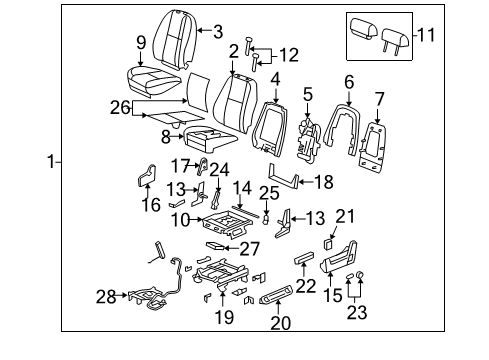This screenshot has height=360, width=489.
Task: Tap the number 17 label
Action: [181, 164]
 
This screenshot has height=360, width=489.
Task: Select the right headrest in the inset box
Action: [392, 35]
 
